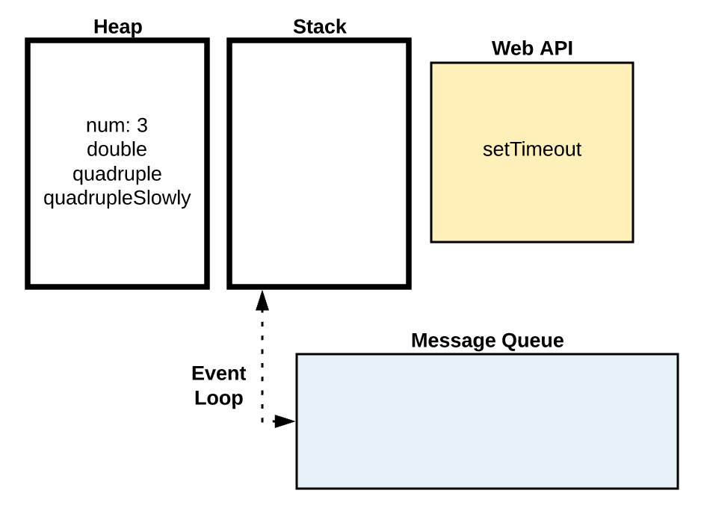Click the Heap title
pos(117,27)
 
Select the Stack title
pos(319,27)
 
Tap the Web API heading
pos(531,49)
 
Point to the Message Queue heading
pos(487,341)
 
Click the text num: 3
pos(117,125)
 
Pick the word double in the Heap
pos(117,149)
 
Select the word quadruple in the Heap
pos(117,173)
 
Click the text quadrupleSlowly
pos(117,198)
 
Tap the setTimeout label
pos(531,149)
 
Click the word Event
pos(218,374)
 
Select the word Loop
pos(218,398)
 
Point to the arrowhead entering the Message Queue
pos(285,421)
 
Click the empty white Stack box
pos(319,164)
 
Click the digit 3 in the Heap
pos(142,125)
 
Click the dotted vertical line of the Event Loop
pos(262,359)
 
